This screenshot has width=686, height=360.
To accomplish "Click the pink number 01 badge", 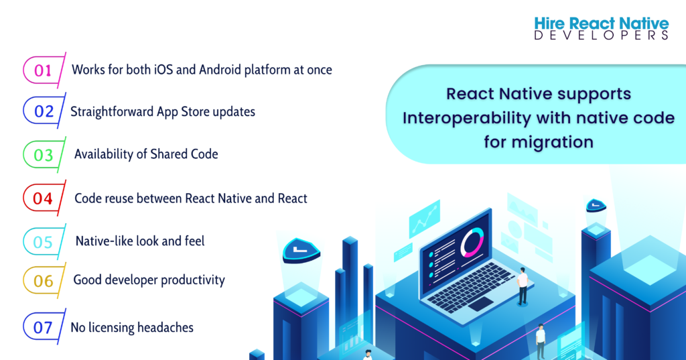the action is (x=44, y=70).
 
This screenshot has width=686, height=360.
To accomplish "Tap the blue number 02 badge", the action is (x=44, y=111).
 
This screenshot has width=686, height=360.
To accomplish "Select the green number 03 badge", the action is (x=44, y=155).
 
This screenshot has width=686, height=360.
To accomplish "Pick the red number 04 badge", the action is (x=44, y=198).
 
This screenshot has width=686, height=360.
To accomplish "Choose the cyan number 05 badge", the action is (x=44, y=242).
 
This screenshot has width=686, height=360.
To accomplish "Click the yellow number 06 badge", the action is (x=44, y=281).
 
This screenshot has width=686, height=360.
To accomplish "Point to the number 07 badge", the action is (x=44, y=326).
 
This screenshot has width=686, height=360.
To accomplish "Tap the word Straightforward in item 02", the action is (x=112, y=112).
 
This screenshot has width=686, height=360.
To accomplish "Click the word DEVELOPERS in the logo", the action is (x=601, y=36).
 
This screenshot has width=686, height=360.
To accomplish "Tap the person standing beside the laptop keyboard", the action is (x=523, y=286).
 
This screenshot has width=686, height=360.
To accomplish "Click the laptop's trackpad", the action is (x=481, y=304).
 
